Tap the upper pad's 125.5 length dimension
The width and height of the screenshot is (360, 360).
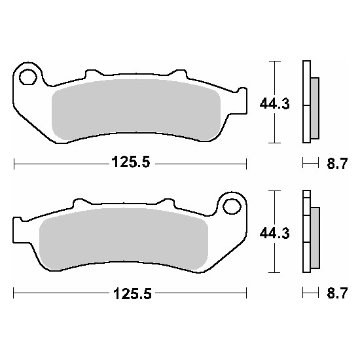click(x=131, y=162)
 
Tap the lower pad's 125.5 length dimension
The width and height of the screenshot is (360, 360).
click(x=132, y=293)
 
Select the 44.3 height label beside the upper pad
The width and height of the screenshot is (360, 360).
click(x=275, y=104)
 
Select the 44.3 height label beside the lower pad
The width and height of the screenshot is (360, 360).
click(x=275, y=234)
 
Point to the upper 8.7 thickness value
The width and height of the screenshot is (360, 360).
click(x=337, y=164)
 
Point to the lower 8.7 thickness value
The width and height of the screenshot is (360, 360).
click(x=337, y=293)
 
